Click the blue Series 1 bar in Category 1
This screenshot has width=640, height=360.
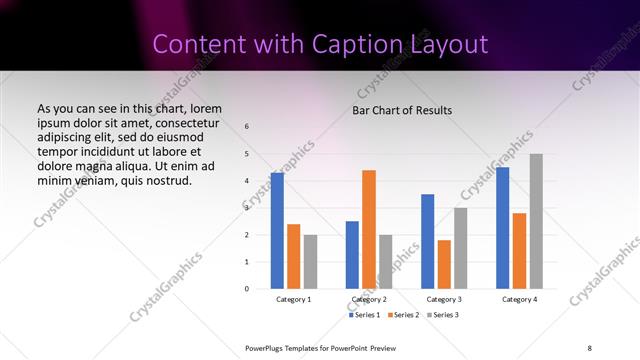[277, 231]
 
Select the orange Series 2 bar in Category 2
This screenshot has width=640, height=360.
[369, 229]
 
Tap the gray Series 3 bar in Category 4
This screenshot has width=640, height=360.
[536, 221]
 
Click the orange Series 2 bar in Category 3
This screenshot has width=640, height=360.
[444, 264]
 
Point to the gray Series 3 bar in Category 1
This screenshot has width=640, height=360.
[310, 261]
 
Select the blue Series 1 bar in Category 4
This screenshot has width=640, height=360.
[503, 228]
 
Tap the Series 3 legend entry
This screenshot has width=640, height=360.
[444, 315]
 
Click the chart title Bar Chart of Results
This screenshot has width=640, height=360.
[402, 110]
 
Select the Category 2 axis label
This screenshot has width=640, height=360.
[369, 299]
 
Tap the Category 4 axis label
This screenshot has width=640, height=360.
[519, 299]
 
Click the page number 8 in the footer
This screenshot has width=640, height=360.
[590, 347]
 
